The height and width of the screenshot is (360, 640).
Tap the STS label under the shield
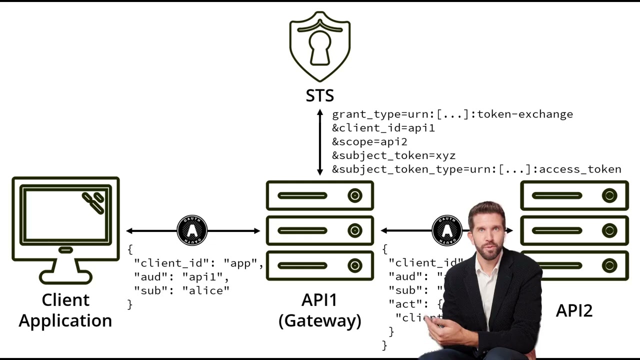pos(320,95)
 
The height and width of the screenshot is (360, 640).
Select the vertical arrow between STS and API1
pos(320,142)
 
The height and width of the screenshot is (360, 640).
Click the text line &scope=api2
pos(369,141)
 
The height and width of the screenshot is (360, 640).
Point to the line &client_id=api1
pos(383,128)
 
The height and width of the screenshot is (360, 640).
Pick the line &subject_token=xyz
pos(393,155)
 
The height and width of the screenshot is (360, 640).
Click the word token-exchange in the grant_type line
pos(525,114)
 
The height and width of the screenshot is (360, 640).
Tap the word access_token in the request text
pos(580,169)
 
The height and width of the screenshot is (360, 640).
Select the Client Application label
pos(65,310)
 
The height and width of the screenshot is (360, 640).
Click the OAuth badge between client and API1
pos(192,230)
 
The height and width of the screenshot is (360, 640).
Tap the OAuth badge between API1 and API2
pos(446,230)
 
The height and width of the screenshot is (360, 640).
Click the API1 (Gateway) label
pos(320,310)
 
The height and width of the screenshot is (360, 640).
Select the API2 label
pos(574,310)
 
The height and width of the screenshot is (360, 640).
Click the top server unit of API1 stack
pos(320,195)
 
